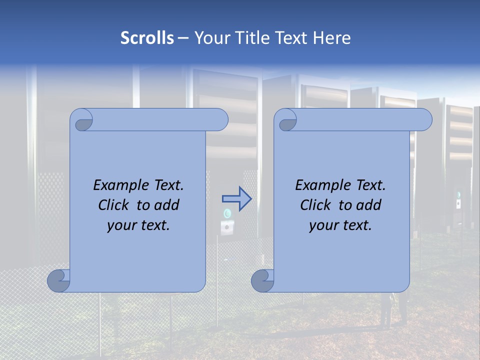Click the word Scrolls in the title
147,38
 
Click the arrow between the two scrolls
236,199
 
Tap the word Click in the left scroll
114,205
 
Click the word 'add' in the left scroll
167,205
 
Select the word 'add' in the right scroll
369,205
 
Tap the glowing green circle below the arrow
227,214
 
